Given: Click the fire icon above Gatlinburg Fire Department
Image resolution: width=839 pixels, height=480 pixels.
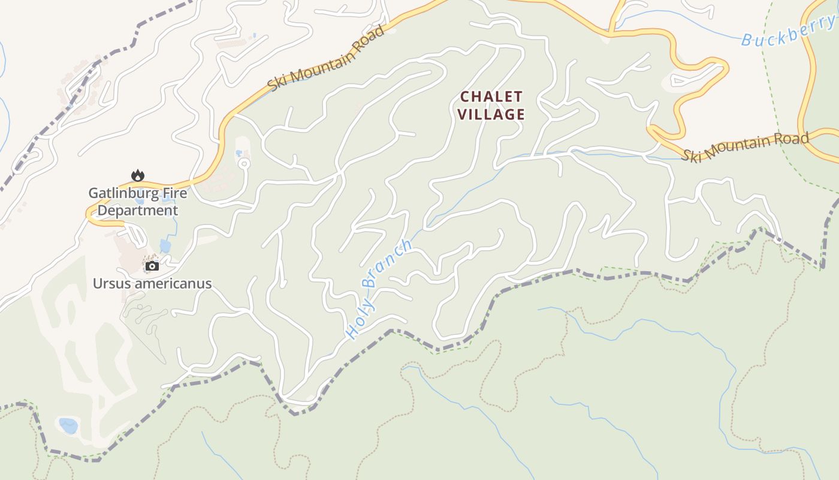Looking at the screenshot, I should [x=138, y=175].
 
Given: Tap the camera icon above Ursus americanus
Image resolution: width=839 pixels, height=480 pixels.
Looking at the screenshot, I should [x=152, y=266].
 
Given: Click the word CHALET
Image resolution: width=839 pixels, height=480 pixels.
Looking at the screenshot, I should [x=491, y=97].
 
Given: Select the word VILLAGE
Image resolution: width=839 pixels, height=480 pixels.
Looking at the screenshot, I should [x=491, y=114].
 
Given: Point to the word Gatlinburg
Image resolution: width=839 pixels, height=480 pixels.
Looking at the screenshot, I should [x=123, y=193].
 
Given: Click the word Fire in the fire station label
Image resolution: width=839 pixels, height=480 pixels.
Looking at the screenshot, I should [x=174, y=193].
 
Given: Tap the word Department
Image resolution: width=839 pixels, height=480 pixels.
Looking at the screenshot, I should [x=137, y=211].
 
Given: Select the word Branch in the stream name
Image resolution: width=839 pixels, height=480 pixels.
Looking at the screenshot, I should [x=390, y=263].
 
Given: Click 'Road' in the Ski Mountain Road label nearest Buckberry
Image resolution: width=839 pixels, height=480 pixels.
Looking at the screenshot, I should [x=795, y=139].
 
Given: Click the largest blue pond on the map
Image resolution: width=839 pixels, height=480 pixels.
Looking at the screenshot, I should [x=68, y=425].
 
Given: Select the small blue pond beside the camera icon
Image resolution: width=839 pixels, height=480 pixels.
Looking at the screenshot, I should [x=165, y=245].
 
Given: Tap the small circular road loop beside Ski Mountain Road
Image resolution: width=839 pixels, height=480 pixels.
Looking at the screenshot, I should [x=243, y=163].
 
